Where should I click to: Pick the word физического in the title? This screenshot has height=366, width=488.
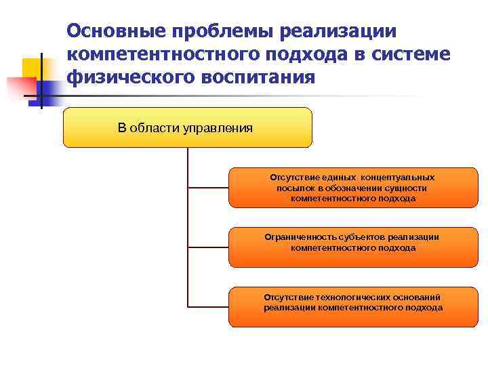click(x=129, y=77)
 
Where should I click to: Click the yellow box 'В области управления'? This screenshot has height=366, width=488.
click(x=187, y=127)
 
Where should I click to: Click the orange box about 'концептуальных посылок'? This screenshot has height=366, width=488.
click(x=353, y=187)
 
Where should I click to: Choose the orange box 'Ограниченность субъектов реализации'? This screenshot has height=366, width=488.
click(x=353, y=247)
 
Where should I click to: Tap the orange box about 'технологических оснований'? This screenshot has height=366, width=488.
click(x=353, y=306)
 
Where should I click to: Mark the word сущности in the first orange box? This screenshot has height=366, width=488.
click(x=404, y=188)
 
